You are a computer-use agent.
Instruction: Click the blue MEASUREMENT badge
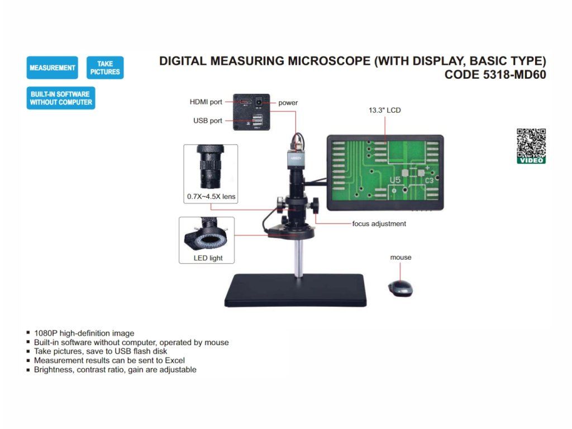(x=52, y=68)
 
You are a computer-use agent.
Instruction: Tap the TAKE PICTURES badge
(x=105, y=68)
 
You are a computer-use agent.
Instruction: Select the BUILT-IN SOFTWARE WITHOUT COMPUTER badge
(x=61, y=98)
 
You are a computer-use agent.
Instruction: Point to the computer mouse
(x=401, y=288)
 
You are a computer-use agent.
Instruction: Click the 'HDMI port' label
(x=206, y=102)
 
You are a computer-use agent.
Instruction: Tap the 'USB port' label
(x=208, y=121)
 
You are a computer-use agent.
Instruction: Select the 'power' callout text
(x=288, y=103)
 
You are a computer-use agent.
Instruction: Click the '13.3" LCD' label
(x=384, y=110)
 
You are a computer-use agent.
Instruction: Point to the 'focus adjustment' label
(x=379, y=223)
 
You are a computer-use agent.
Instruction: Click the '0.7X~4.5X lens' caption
(x=211, y=197)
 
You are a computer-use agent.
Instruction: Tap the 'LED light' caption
(x=208, y=258)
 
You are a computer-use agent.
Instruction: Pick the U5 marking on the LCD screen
(x=395, y=180)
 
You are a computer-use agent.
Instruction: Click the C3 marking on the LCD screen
(x=429, y=180)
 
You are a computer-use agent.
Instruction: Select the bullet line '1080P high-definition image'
(x=84, y=333)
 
